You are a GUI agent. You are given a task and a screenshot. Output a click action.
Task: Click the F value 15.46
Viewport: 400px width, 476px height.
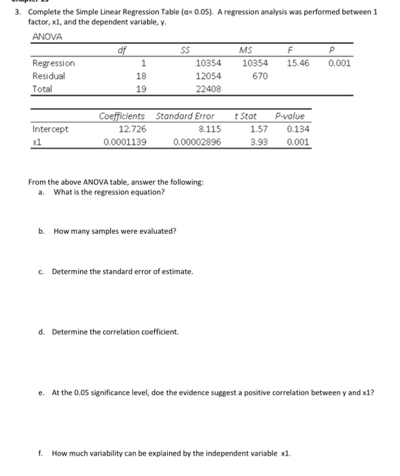click(x=297, y=63)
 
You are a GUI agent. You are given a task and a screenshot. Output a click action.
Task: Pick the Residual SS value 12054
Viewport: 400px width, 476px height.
click(x=208, y=76)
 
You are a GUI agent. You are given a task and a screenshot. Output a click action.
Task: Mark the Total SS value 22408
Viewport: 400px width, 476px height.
click(x=208, y=89)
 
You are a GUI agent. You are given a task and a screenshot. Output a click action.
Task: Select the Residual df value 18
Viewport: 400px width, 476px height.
click(x=142, y=76)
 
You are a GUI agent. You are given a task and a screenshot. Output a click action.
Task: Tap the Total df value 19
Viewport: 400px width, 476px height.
click(x=142, y=89)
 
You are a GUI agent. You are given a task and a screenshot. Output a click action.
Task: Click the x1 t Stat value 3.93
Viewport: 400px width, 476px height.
click(x=258, y=142)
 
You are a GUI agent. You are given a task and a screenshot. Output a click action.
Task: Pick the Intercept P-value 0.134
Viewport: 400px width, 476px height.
click(x=298, y=129)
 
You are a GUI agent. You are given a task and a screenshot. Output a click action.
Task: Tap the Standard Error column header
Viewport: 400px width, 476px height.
click(x=185, y=116)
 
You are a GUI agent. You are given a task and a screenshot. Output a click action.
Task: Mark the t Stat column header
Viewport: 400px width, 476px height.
click(x=244, y=116)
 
